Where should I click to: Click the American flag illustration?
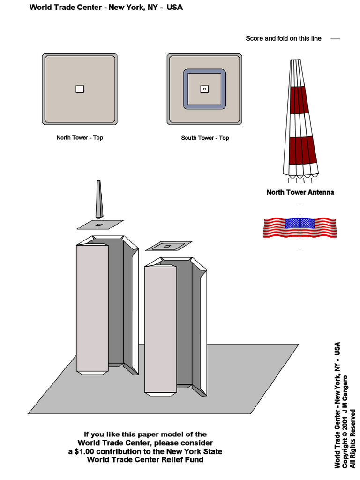point(300,228)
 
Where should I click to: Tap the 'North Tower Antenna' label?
point(300,192)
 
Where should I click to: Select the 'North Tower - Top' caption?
point(80,138)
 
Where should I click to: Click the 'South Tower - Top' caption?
point(205,138)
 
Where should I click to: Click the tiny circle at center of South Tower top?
point(204,89)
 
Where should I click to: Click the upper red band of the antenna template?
point(298,100)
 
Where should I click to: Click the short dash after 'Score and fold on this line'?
point(335,39)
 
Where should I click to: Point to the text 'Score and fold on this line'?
point(283,38)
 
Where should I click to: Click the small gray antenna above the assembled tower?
point(99,199)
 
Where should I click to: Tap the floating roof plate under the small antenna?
point(100,225)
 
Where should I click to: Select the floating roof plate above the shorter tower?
point(168,246)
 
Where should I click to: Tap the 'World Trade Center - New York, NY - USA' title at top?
point(106,7)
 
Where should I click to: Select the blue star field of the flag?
point(300,224)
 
